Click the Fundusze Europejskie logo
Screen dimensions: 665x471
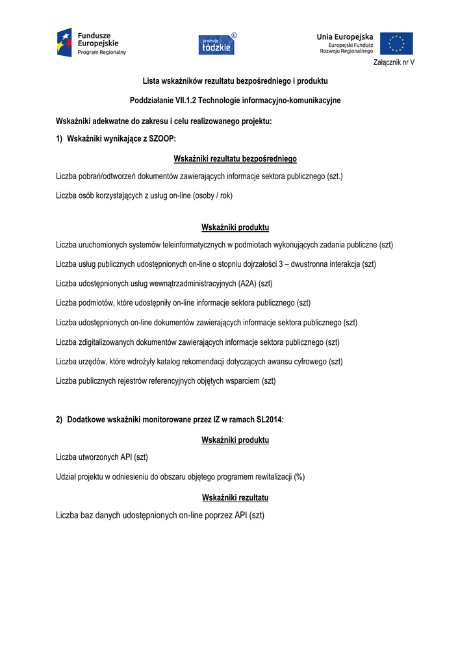point(91,42)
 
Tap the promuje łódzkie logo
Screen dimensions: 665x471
point(218,44)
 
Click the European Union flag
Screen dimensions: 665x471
point(396,43)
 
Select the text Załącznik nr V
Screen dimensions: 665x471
point(394,62)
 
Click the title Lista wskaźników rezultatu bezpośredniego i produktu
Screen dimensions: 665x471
point(235,81)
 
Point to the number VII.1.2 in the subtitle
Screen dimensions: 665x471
point(183,101)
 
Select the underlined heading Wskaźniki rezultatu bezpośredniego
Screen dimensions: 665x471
point(235,158)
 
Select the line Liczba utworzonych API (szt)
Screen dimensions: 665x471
point(102,457)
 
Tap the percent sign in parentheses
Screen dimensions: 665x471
point(299,477)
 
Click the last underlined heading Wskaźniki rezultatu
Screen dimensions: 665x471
point(235,497)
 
